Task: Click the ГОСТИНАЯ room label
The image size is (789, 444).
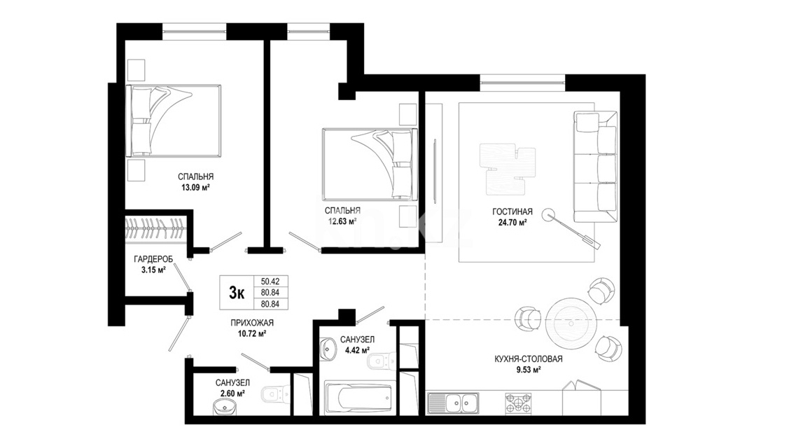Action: (x=512, y=212)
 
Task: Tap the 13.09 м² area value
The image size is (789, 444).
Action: (x=195, y=187)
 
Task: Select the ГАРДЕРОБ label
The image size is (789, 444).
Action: (x=153, y=259)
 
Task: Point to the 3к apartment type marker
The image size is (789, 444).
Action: (x=237, y=292)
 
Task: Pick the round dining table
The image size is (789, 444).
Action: (x=571, y=323)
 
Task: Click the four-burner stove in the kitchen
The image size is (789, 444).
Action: (x=518, y=403)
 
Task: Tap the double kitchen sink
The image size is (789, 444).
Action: (x=453, y=403)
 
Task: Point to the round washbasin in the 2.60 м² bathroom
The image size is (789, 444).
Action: (x=225, y=406)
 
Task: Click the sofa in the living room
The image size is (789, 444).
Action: (x=595, y=167)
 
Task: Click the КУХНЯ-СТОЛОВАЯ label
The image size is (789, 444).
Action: (x=529, y=359)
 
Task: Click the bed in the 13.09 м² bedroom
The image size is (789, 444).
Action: (x=174, y=121)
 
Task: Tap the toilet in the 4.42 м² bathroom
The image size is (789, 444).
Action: (x=380, y=361)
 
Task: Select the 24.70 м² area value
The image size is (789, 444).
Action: (x=512, y=223)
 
